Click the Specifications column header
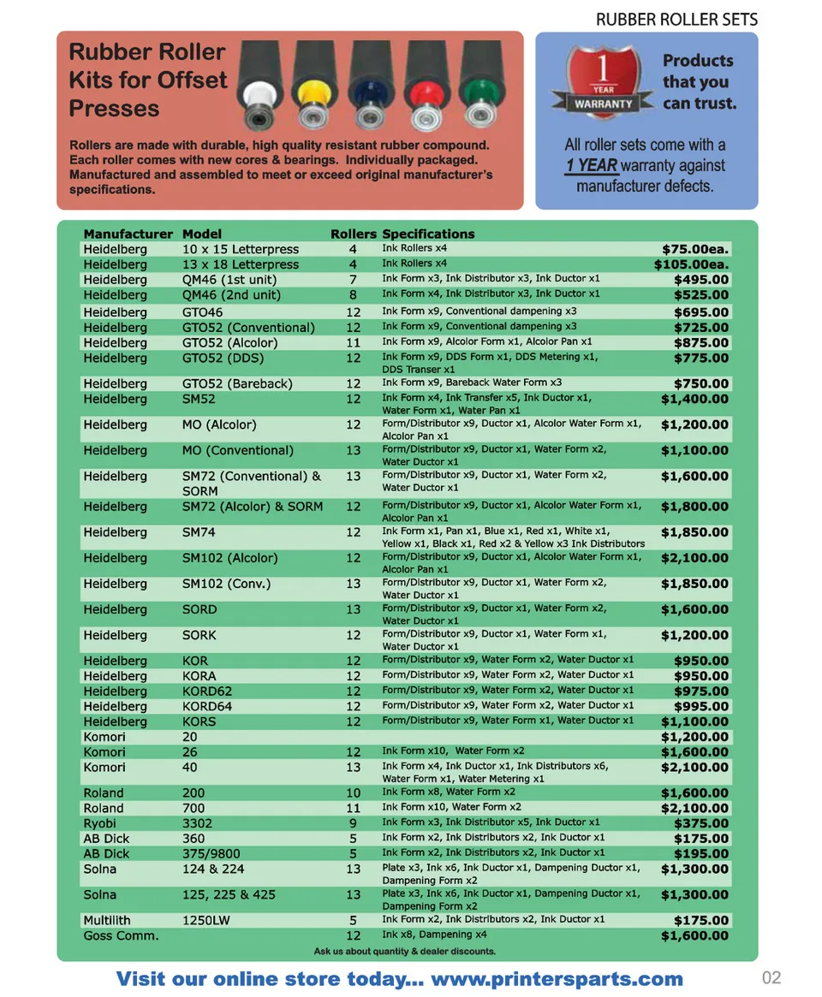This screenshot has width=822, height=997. click(x=428, y=234)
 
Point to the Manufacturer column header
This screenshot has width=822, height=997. click(x=128, y=234)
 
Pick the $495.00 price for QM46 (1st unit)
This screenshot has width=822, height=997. click(x=701, y=280)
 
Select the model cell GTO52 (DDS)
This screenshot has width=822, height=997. click(x=223, y=358)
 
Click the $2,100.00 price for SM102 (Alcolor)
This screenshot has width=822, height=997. click(x=694, y=558)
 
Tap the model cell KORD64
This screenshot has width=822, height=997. click(x=207, y=706)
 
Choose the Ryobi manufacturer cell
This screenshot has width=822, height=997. click(x=100, y=823)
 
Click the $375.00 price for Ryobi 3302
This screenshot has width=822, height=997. click(x=701, y=823)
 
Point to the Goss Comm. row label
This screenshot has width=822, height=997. click(x=121, y=935)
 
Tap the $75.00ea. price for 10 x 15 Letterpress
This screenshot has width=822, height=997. click(x=691, y=249)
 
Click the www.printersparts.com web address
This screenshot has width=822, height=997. click(x=557, y=979)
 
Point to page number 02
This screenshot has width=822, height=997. click(x=771, y=978)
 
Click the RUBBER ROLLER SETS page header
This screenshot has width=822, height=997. click(x=676, y=20)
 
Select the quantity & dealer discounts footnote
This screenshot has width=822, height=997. click(x=405, y=952)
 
